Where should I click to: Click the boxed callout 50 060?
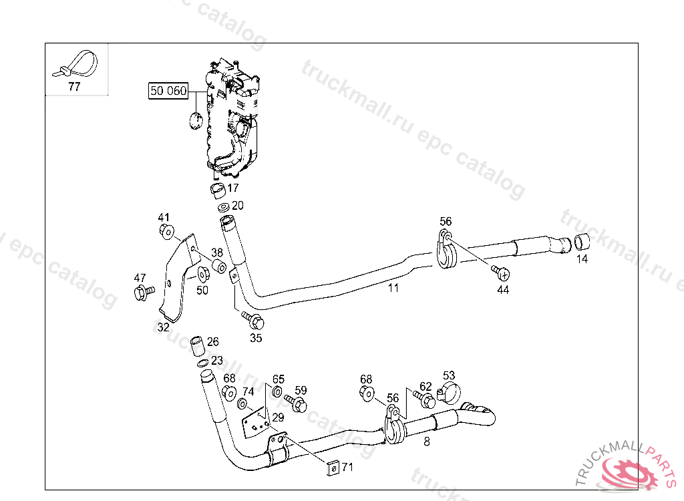pyautogui.click(x=168, y=91)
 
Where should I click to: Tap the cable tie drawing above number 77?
pyautogui.click(x=77, y=63)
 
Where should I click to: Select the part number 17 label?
pyautogui.click(x=233, y=188)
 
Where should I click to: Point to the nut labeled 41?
pyautogui.click(x=166, y=231)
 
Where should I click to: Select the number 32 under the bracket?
pyautogui.click(x=163, y=327)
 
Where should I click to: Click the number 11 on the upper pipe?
pyautogui.click(x=393, y=288)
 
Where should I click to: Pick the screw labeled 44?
pyautogui.click(x=501, y=272)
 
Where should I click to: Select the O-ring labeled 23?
pyautogui.click(x=202, y=363)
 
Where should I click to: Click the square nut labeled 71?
pyautogui.click(x=331, y=468)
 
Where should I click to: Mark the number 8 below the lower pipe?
pyautogui.click(x=427, y=441)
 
